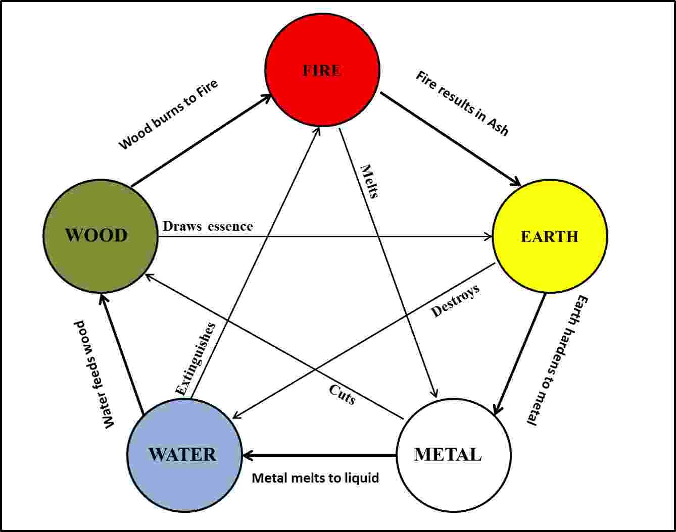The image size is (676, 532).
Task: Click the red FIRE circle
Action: click(322, 70)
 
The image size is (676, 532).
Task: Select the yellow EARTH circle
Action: click(550, 236)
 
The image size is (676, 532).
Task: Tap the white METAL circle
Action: click(453, 455)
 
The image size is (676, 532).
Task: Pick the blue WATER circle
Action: click(184, 455)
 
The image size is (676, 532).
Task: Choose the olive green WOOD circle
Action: click(100, 236)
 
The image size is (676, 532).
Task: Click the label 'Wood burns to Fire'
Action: click(168, 115)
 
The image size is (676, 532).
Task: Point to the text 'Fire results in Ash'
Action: click(462, 103)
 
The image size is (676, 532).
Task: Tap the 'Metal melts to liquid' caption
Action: click(315, 477)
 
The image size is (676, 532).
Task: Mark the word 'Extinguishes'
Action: click(196, 358)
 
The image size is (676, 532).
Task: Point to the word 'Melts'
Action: click(369, 181)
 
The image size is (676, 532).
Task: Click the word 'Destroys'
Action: click(455, 301)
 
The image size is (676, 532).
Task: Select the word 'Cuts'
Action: click(342, 394)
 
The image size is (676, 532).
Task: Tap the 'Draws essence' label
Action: click(208, 226)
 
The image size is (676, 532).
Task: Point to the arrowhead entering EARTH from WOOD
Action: click(488, 236)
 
